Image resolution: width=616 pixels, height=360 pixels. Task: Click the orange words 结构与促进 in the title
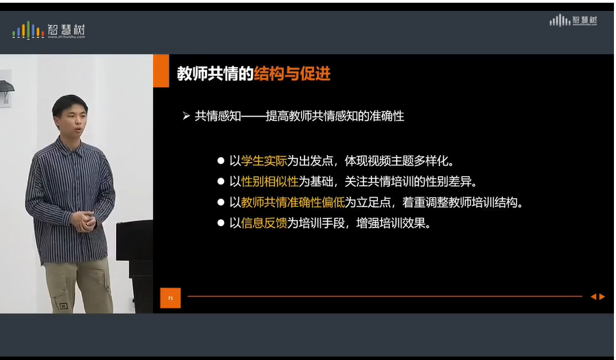tap(292, 74)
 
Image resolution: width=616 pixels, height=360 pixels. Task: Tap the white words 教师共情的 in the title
tap(214, 74)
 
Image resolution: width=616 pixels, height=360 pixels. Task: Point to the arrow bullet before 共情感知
tap(185, 116)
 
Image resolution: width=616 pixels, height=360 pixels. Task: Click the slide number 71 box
tap(170, 298)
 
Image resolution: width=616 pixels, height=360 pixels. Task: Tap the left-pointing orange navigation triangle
tap(593, 296)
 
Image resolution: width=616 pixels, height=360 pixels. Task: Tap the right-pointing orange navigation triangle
tap(602, 296)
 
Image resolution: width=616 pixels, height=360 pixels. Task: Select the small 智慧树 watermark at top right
tap(574, 20)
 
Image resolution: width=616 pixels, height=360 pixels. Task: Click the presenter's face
tap(70, 117)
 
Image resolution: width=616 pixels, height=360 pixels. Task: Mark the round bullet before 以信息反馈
tap(221, 223)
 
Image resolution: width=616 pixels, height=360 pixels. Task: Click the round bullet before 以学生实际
tap(221, 161)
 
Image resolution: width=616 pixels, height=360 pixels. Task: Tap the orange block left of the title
tap(160, 71)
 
